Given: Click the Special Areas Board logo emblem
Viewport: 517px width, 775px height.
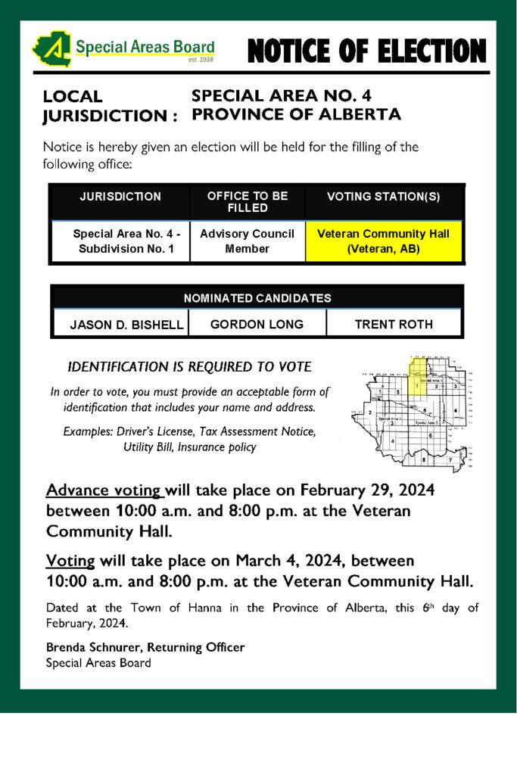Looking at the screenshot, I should [51, 49].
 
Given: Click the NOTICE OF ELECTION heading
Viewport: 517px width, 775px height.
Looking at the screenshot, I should [366, 51].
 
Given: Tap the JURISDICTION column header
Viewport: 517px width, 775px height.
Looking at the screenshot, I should [120, 197].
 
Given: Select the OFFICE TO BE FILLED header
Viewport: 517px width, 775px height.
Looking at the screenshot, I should [248, 201].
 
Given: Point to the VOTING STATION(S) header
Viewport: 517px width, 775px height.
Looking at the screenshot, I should [384, 197].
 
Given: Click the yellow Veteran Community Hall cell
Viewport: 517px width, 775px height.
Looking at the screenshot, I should [383, 241].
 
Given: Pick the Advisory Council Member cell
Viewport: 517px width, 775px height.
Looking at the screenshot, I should [247, 241].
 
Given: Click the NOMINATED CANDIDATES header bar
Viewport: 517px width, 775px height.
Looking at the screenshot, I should [257, 298].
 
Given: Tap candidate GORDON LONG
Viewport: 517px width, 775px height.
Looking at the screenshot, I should [257, 325].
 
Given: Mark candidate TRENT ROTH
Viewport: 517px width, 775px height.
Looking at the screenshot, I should [394, 325].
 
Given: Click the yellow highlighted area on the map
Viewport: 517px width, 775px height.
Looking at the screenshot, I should [419, 376].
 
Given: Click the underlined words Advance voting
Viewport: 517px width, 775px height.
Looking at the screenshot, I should [104, 490].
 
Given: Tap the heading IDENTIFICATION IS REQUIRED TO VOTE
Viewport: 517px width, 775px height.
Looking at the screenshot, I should [189, 367].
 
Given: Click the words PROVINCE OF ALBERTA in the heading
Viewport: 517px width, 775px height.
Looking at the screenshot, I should [296, 115].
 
